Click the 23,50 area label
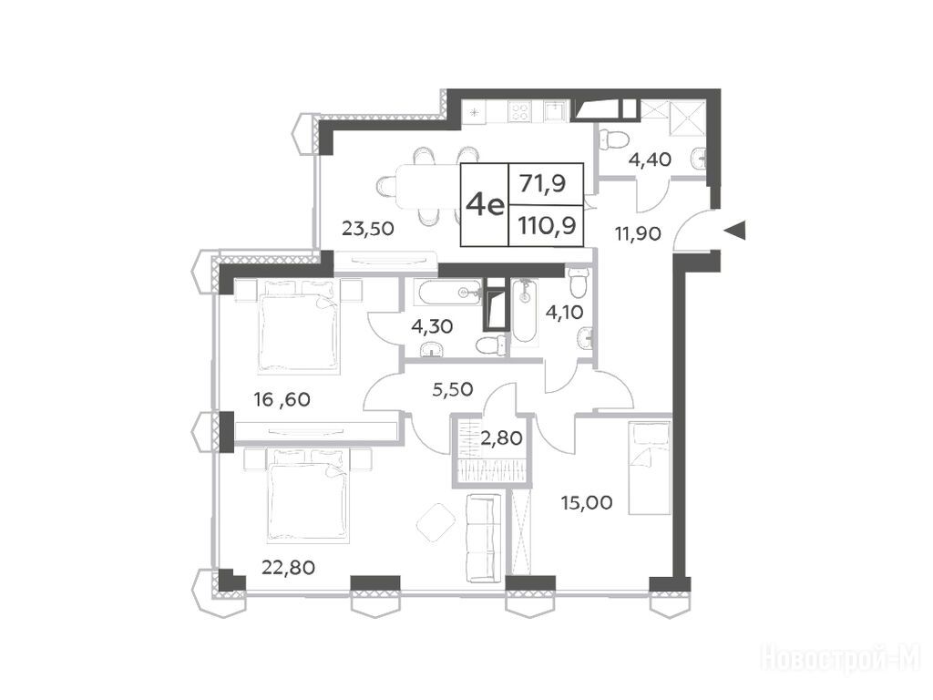pos(368,228)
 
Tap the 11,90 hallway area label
pos(637,233)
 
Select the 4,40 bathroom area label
pos(650,159)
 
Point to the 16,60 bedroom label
pos(282,399)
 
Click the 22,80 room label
pos(289,567)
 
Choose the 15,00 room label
pos(587,503)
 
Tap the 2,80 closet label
pos(503,438)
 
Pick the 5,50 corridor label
pos(453,389)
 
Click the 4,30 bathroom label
pos(433,326)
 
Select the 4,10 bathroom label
pos(564,312)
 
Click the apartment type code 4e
pos(485,205)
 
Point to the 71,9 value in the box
pos(543,183)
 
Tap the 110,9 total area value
pos(547,226)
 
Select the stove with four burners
pos(520,112)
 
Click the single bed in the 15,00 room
pos(650,468)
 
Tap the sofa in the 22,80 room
pos(482,539)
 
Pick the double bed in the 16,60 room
pos(299,327)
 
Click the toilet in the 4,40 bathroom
pos(614,139)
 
